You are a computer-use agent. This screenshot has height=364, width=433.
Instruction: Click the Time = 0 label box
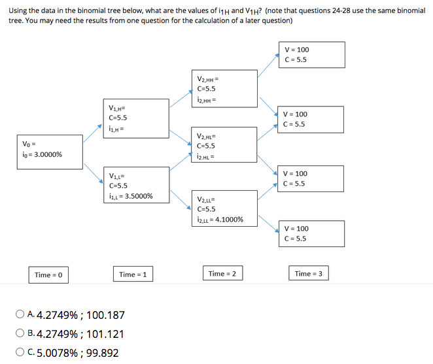click(48, 274)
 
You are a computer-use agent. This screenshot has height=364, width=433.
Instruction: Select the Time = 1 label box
click(133, 274)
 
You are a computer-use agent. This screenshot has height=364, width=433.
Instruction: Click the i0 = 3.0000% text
click(42, 155)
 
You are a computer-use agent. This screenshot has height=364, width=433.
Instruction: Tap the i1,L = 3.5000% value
click(131, 195)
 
